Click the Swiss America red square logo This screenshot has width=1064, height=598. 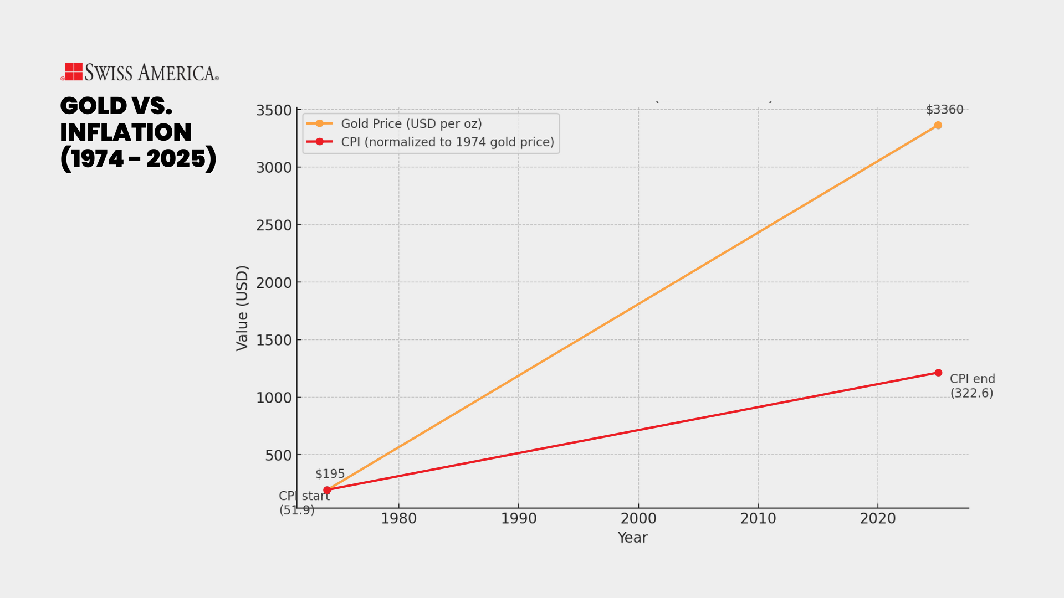pyautogui.click(x=74, y=71)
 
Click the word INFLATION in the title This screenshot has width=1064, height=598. pyautogui.click(x=126, y=132)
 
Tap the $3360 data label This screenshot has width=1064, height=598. pyautogui.click(x=944, y=110)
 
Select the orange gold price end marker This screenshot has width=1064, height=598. pyautogui.click(x=938, y=125)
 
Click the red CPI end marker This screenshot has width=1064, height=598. pyautogui.click(x=938, y=373)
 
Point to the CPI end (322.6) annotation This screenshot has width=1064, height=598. pyautogui.click(x=972, y=386)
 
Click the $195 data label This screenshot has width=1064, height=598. pyautogui.click(x=330, y=474)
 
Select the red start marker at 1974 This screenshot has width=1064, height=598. pyautogui.click(x=327, y=490)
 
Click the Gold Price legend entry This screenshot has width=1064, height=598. pyautogui.click(x=411, y=124)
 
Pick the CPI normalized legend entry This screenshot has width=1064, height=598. pyautogui.click(x=447, y=142)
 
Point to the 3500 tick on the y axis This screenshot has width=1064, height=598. pyautogui.click(x=274, y=110)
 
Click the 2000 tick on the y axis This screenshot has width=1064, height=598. pyautogui.click(x=274, y=283)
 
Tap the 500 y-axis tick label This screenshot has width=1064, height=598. pyautogui.click(x=278, y=456)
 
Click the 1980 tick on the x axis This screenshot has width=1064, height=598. pyautogui.click(x=398, y=519)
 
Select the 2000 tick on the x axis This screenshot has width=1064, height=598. pyautogui.click(x=638, y=519)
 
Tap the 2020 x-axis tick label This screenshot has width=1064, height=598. pyautogui.click(x=878, y=519)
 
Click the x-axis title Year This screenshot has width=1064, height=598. pyautogui.click(x=632, y=538)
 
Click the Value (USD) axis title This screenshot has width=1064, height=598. pyautogui.click(x=242, y=308)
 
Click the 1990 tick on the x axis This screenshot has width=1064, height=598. pyautogui.click(x=519, y=519)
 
